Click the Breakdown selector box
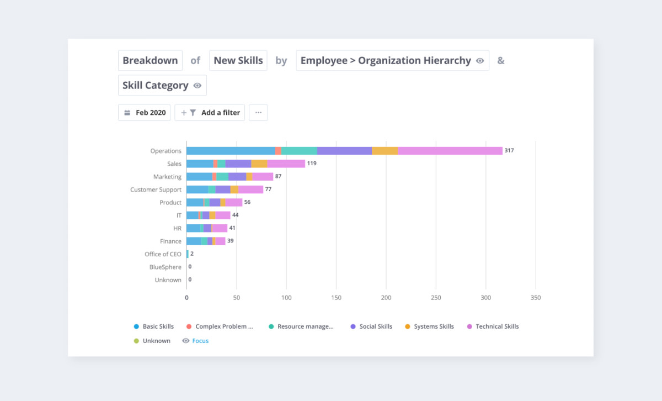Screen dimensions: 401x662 coord(150,61)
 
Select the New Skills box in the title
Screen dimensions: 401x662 coord(238,61)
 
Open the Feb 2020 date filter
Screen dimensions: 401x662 coord(145,113)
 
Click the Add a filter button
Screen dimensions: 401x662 coord(210,113)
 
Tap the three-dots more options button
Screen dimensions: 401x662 coord(258,113)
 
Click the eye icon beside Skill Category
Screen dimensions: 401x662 coord(197,86)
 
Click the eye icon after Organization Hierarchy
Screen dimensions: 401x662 coord(480,61)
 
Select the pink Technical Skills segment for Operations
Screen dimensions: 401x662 coord(450,151)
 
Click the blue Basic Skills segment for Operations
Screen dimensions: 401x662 coord(231,151)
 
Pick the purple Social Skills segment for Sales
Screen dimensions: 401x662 coord(238,163)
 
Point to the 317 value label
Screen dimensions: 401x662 coord(509,150)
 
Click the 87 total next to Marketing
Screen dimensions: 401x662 coord(279,176)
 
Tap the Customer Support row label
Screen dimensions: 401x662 coord(156,189)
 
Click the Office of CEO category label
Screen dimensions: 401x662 coord(163,254)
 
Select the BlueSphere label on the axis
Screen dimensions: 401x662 coord(165,267)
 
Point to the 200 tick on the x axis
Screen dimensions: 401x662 coord(386,298)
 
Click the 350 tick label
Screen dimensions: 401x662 coord(535,298)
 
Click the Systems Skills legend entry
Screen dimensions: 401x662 coord(434,326)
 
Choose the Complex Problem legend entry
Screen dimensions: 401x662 coord(224,326)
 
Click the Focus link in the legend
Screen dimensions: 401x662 coord(200,341)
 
